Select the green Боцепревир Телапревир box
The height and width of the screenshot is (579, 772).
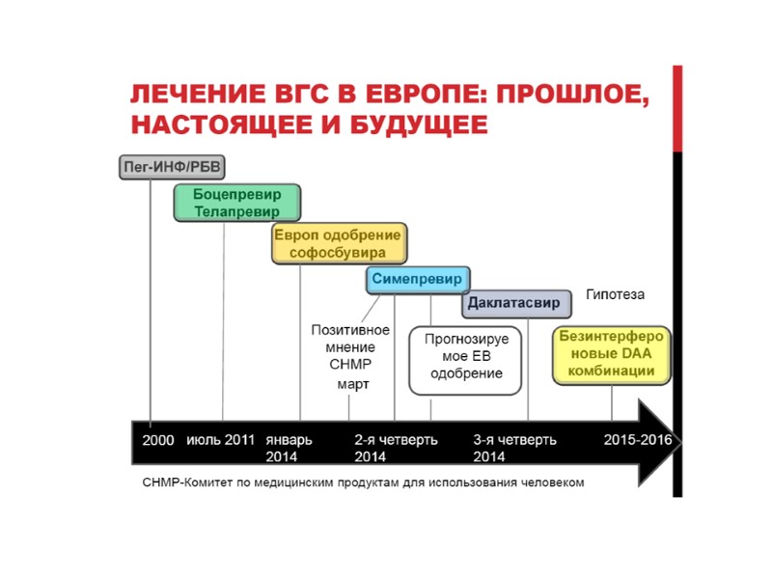click(x=236, y=203)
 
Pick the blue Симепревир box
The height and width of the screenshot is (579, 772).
click(x=418, y=280)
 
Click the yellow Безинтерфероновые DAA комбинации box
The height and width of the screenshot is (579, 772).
click(x=610, y=355)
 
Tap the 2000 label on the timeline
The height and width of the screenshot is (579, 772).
click(x=158, y=440)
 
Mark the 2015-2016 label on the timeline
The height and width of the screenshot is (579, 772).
click(x=637, y=440)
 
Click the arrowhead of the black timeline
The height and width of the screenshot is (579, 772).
click(x=664, y=442)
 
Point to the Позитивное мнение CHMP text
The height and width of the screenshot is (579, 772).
click(x=349, y=346)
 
